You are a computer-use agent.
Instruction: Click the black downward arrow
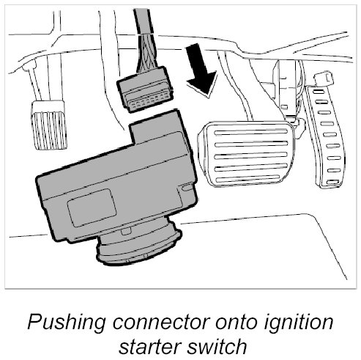tap(201, 71)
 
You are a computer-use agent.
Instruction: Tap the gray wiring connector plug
tap(146, 89)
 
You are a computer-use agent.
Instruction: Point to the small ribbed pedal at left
tap(49, 125)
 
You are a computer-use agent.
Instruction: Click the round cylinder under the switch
tap(139, 244)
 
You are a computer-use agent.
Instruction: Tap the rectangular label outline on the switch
tap(92, 207)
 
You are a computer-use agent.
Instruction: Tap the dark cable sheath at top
tap(144, 21)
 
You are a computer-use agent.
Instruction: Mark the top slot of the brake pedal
tap(251, 133)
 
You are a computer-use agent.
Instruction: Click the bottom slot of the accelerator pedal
tap(333, 182)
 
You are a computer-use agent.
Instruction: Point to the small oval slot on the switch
tap(187, 188)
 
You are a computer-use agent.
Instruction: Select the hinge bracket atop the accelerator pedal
tap(324, 78)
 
